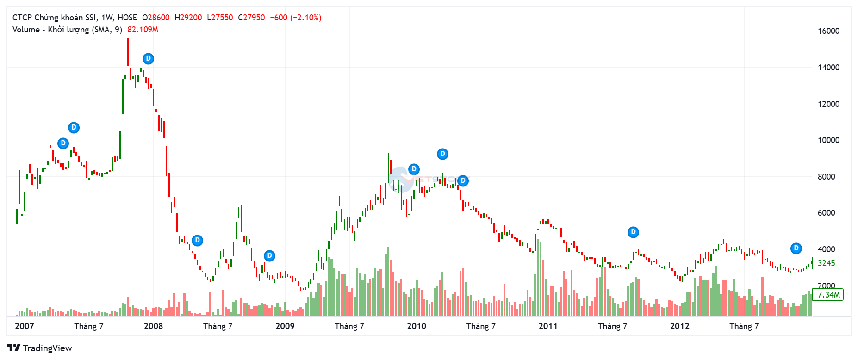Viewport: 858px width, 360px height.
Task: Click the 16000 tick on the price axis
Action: [828, 31]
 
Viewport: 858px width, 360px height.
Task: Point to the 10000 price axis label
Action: [828, 140]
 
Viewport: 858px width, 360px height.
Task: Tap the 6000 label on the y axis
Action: [826, 213]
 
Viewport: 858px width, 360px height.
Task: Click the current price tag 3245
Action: [826, 263]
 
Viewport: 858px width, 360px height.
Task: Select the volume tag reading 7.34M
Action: [828, 295]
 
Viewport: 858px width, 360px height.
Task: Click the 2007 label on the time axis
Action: [25, 326]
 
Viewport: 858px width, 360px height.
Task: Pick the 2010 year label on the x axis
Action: [417, 326]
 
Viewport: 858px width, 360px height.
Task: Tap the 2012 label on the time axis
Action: [679, 326]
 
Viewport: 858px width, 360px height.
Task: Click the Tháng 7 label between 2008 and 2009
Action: [218, 326]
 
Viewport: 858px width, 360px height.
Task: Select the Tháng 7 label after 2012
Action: [744, 326]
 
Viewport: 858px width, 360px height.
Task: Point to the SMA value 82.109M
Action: [143, 30]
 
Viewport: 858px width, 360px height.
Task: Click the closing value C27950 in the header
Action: [251, 18]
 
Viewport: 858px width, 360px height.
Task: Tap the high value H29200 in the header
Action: [188, 18]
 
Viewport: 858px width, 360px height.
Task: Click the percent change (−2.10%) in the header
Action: [305, 18]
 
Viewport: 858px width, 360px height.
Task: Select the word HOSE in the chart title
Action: [127, 18]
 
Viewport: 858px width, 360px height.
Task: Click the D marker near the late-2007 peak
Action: [148, 59]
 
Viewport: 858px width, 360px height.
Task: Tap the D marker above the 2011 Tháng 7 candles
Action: [633, 232]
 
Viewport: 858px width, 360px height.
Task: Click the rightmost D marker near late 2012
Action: [796, 248]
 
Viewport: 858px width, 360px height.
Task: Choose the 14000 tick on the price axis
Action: [828, 68]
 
